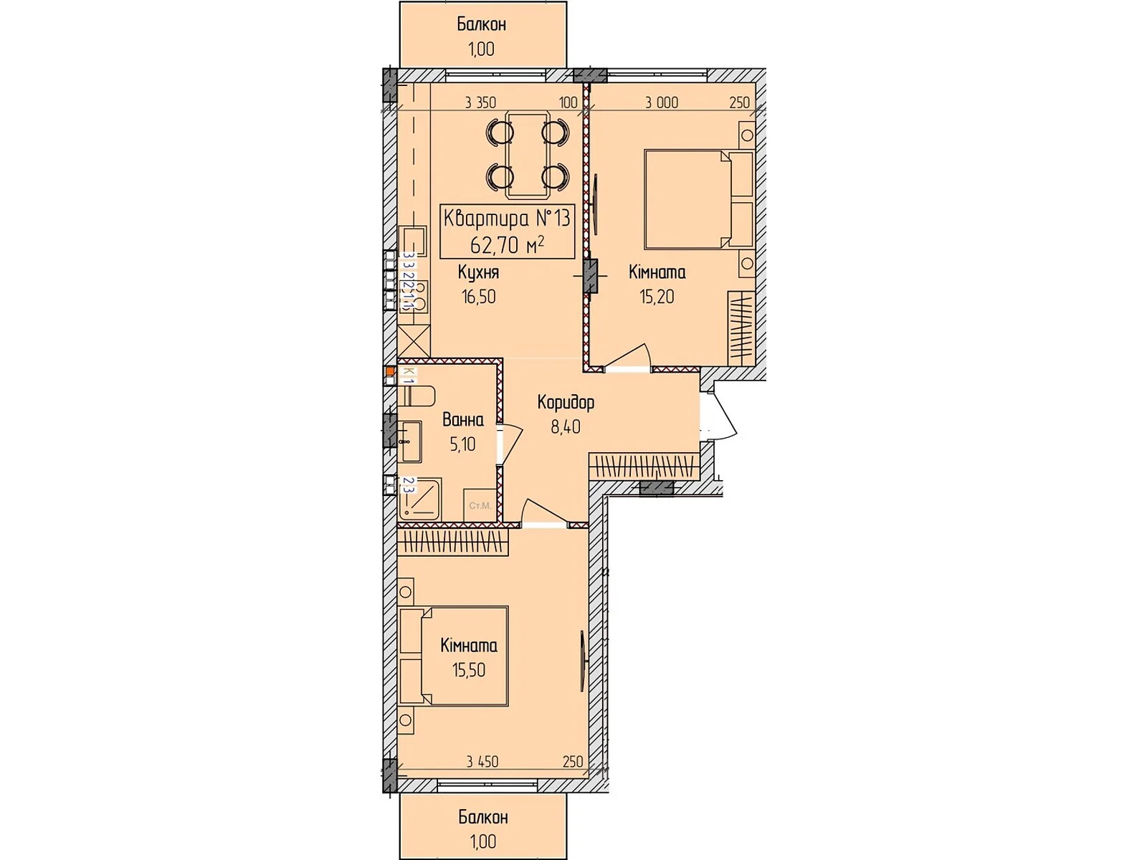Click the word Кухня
pos(478,273)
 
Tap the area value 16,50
pos(478,297)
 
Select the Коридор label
pos(566,403)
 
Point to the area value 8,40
pos(566,427)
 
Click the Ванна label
pos(462,420)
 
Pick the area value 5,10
pos(462,444)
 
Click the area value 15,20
pos(657,297)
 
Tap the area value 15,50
pos(468,670)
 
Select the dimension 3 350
pos(480,102)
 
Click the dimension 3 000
pos(661,102)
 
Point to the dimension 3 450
pos(482,762)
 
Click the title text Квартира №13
pos(507,218)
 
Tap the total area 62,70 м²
pos(507,245)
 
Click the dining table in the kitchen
pos(528,154)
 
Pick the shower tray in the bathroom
pos(419,499)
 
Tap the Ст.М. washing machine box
pos(480,505)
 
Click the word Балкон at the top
pos(482,24)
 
